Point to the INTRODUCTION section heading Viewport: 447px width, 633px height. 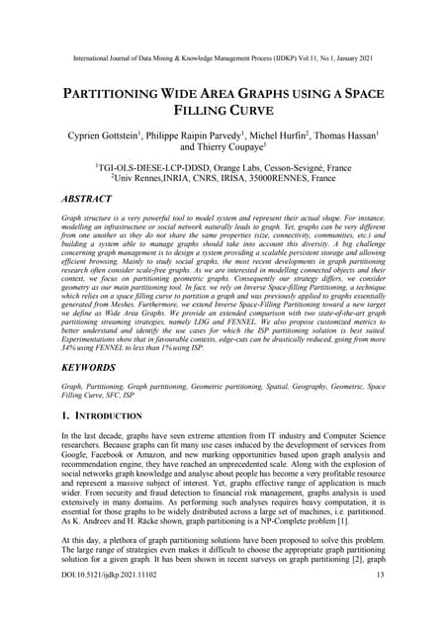pyautogui.click(x=110, y=416)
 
